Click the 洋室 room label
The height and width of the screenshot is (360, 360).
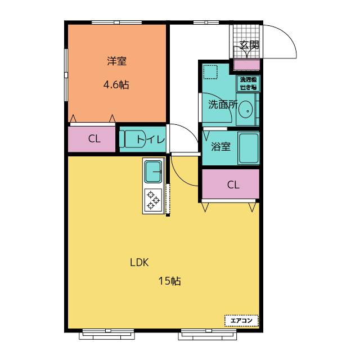point(116,61)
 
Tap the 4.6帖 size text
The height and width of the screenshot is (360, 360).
point(116,85)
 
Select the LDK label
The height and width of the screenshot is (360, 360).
point(139,263)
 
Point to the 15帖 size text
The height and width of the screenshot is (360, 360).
point(170,281)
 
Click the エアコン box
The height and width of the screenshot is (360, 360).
point(241,321)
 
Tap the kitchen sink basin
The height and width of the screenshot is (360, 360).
point(153,172)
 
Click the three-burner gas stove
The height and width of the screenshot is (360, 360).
point(153,200)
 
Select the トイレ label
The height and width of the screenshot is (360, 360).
point(151,139)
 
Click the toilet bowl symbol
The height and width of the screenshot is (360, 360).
point(133,139)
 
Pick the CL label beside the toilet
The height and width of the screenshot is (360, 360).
point(94,139)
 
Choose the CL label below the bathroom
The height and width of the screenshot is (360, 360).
point(233,185)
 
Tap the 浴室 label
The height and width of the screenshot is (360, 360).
point(220,146)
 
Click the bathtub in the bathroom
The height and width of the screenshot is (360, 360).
point(249,148)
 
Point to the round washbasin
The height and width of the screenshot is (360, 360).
point(246,109)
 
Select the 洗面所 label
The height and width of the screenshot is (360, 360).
point(223,105)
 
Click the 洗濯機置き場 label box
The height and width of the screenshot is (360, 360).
point(249,83)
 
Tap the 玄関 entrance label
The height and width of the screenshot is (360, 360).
point(249,45)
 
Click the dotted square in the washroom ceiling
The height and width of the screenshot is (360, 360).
point(210,72)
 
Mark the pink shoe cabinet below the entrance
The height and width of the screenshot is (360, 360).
point(247,65)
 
